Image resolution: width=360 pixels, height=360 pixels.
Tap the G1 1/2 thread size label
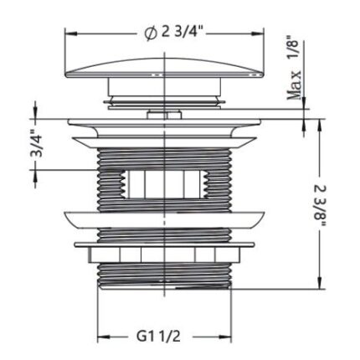(x=158, y=337)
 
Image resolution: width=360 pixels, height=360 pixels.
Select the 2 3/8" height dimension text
(x=321, y=206)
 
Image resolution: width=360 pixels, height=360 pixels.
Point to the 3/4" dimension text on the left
(x=36, y=144)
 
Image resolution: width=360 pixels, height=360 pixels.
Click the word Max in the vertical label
(x=295, y=85)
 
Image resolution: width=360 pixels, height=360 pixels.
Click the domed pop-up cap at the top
(x=165, y=68)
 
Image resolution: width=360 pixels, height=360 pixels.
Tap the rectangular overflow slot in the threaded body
(x=165, y=184)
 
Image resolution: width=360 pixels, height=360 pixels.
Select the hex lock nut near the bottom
(x=165, y=255)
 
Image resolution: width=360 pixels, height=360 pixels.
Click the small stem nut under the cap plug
(x=165, y=115)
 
